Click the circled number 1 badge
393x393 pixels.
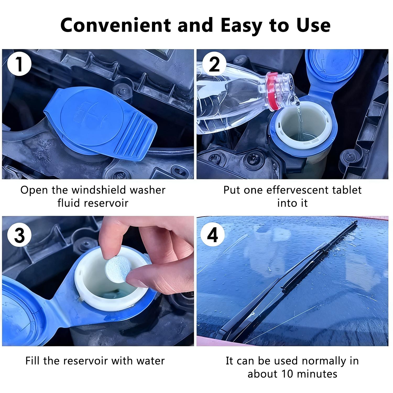coord(19,64)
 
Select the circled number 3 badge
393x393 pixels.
coord(19,235)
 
